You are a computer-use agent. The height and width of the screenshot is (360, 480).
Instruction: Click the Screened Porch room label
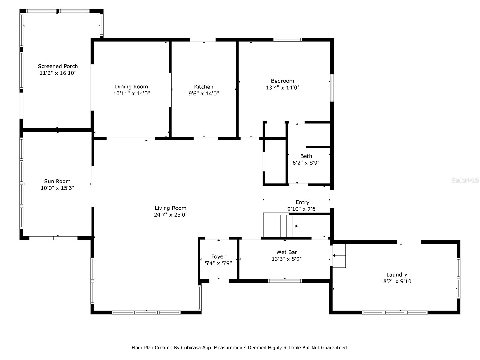point(58,66)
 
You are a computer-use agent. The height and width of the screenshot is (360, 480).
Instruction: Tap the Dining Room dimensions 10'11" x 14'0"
point(131,94)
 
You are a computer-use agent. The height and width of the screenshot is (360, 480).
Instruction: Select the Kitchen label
point(204,87)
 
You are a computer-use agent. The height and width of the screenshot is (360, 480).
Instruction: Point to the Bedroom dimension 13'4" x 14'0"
point(283,88)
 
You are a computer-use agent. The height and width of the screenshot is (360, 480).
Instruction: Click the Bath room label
point(306,156)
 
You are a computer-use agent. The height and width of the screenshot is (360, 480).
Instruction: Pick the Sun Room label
point(57,181)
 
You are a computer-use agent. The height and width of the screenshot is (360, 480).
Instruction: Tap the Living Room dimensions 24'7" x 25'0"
point(171,215)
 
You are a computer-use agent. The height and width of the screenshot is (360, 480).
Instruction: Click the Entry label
point(302,202)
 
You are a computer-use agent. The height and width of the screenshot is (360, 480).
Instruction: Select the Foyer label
point(218,256)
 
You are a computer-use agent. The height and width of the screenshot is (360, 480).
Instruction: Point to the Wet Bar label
point(287,252)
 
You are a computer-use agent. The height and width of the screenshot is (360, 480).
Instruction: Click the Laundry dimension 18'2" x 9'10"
point(397,281)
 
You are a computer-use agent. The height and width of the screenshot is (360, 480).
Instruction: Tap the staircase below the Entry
point(280,226)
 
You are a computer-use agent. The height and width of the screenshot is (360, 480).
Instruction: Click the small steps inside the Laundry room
point(339,256)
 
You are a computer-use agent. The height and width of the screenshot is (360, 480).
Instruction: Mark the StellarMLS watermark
point(465,180)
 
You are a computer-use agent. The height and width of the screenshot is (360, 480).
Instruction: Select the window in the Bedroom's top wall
point(287,40)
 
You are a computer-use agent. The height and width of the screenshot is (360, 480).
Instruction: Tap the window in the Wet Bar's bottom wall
point(285,281)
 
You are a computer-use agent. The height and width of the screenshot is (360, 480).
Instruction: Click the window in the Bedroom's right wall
point(332,88)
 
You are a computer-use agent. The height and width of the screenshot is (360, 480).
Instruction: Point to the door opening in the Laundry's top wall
point(409,242)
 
